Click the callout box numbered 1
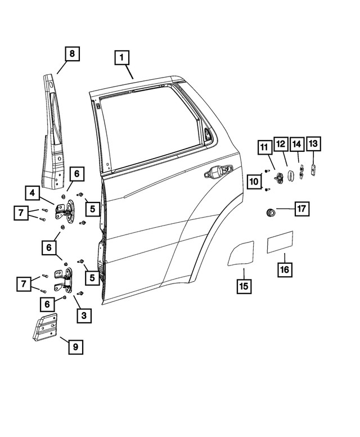click(123, 58)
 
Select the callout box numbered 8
click(71, 55)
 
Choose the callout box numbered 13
click(313, 145)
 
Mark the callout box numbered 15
click(243, 286)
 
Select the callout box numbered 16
click(285, 270)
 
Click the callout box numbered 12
click(281, 145)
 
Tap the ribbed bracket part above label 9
click(44, 327)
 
